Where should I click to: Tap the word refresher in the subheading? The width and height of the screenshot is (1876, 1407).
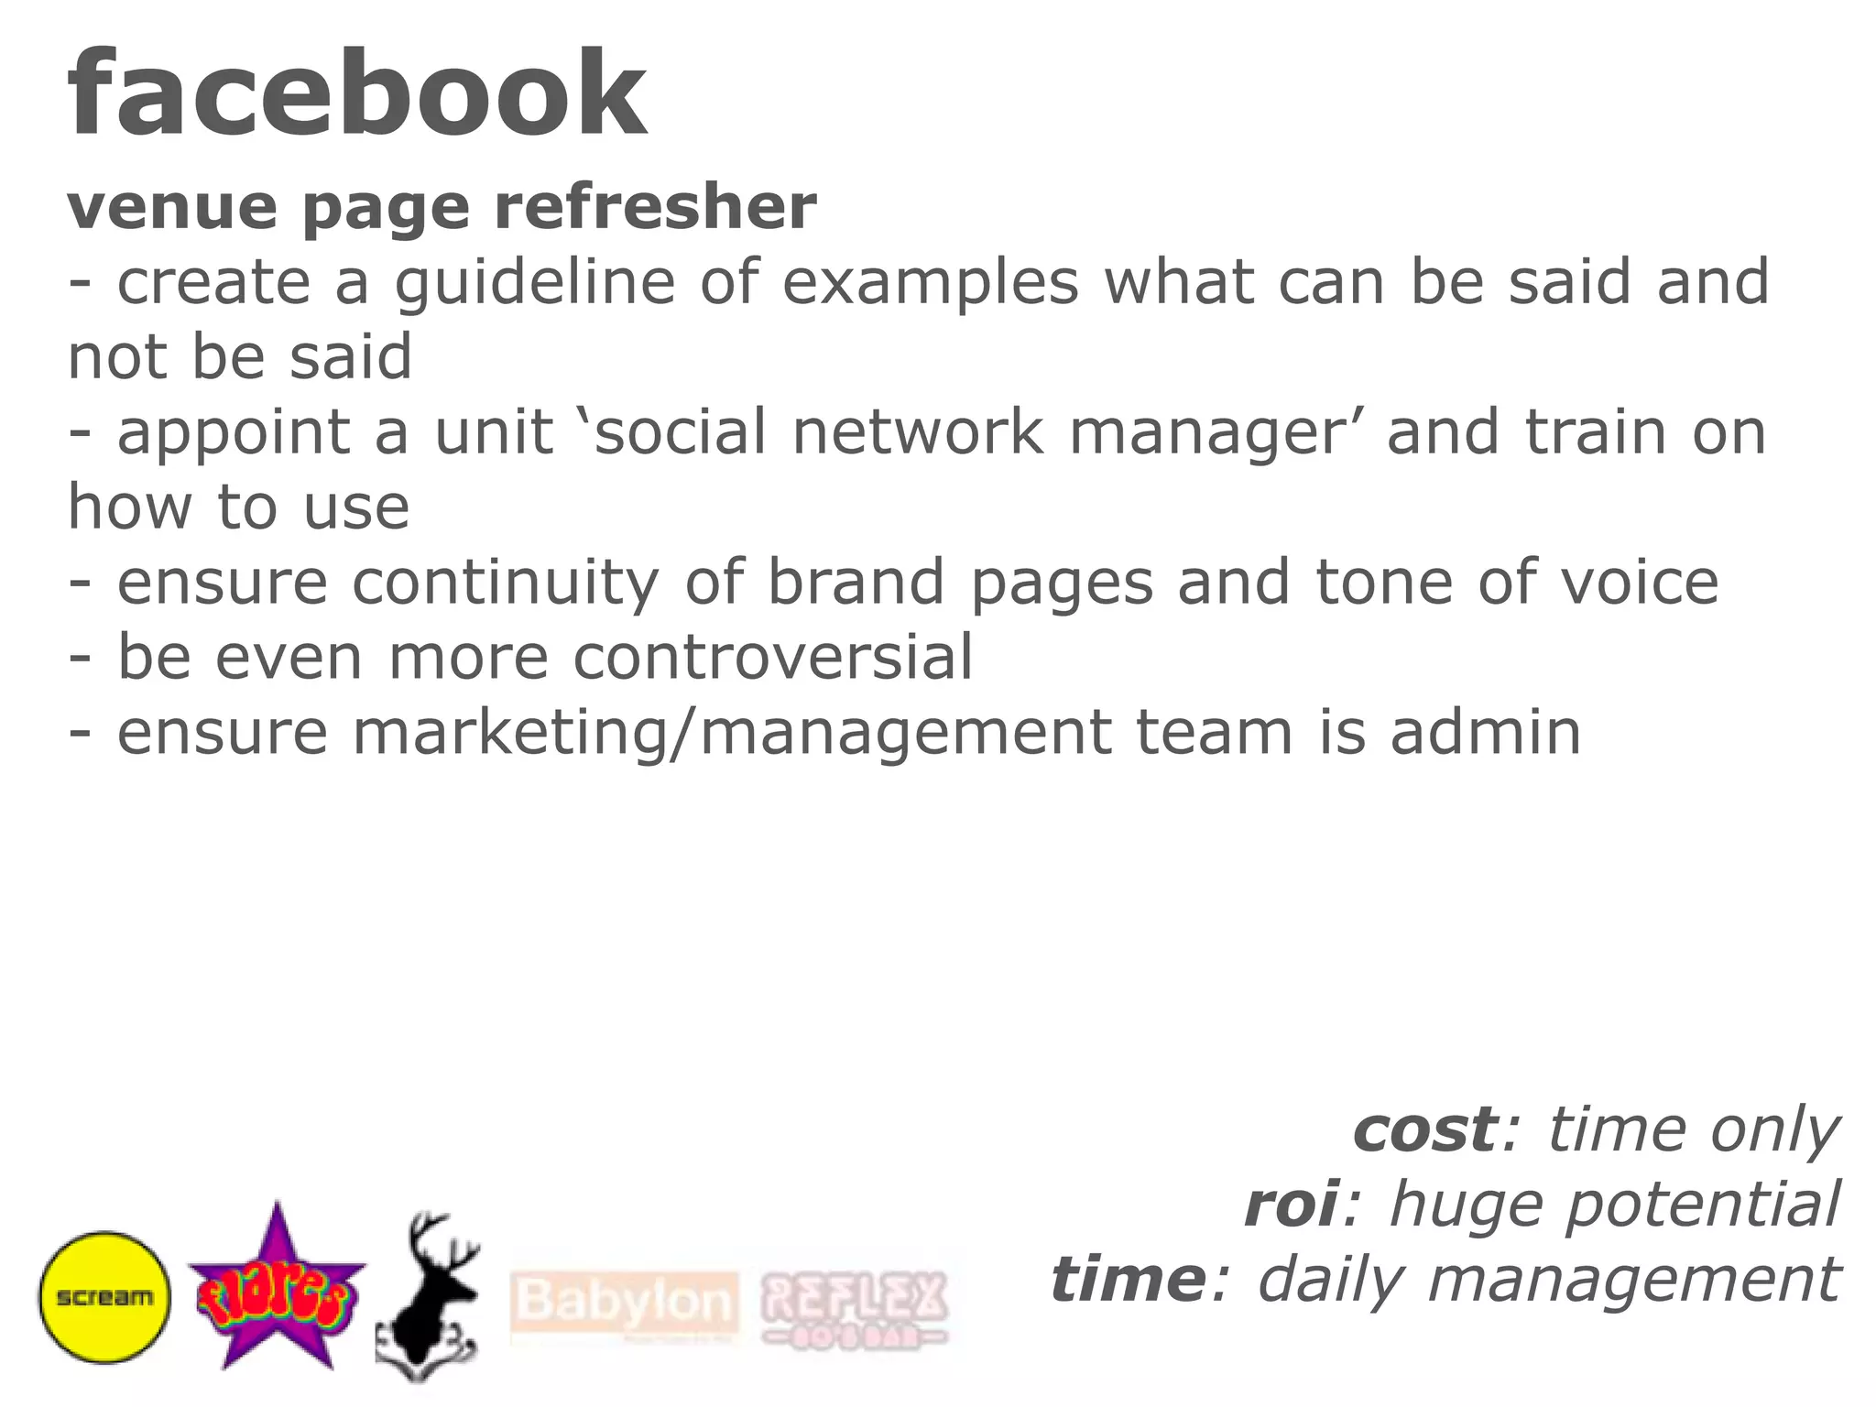tap(655, 208)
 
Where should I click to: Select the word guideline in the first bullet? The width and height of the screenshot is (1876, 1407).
tap(535, 284)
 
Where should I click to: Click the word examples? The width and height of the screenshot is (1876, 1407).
tap(930, 284)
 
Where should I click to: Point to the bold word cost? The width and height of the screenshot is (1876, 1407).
tap(1425, 1129)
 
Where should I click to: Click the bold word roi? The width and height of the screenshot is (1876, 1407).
tap(1292, 1205)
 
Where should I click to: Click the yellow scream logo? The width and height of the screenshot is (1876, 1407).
tap(104, 1297)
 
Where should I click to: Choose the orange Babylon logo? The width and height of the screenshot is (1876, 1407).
tap(625, 1303)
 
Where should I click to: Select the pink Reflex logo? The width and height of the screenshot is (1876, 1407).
tap(854, 1308)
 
